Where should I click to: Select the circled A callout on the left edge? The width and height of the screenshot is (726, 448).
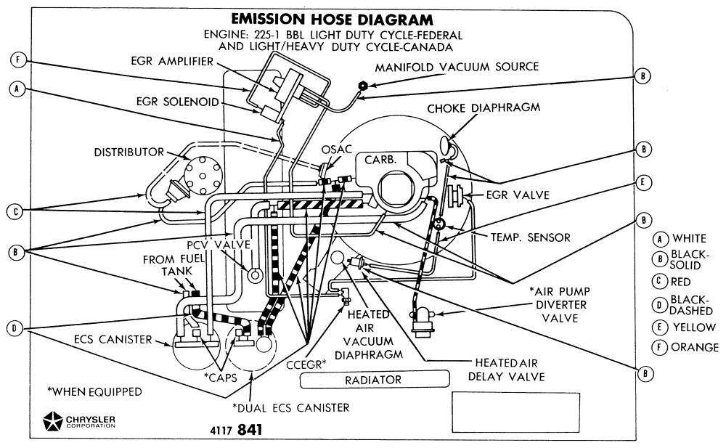(19, 88)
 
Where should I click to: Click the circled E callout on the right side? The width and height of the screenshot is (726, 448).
(642, 184)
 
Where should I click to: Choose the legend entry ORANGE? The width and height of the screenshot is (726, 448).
(695, 347)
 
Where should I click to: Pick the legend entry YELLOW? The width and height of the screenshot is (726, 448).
(694, 327)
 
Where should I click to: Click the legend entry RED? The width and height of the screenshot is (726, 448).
(680, 282)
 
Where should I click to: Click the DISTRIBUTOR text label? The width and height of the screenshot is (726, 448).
(129, 152)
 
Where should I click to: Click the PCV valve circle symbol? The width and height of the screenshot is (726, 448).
(255, 275)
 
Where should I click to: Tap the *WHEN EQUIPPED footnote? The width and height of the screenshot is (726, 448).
(94, 392)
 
